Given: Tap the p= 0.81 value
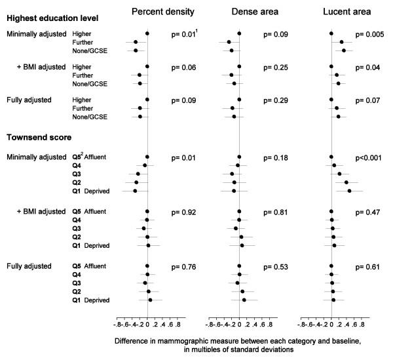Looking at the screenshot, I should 276,212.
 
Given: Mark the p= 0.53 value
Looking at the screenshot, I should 276,267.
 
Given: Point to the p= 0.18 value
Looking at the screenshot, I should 276,158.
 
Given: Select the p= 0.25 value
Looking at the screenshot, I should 276,67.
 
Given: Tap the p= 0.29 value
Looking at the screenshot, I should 276,100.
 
